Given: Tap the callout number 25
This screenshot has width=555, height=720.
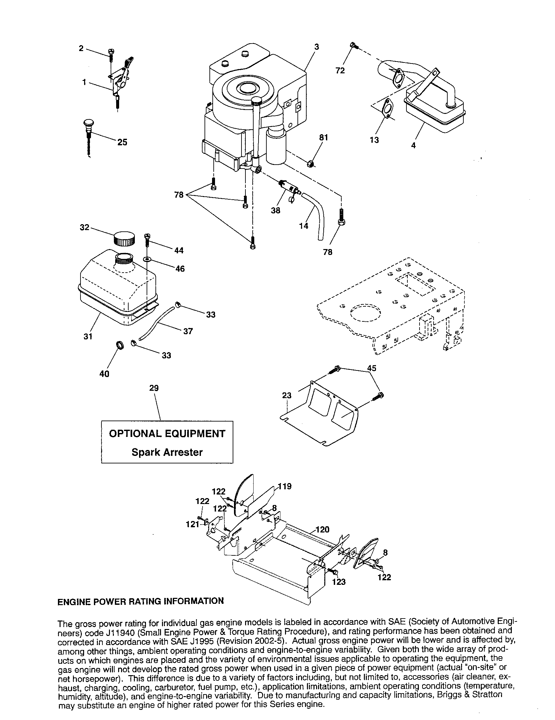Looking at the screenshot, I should click(122, 142).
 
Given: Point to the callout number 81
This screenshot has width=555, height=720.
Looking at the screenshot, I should click(324, 137).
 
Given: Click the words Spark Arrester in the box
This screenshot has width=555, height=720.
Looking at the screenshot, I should click(167, 452).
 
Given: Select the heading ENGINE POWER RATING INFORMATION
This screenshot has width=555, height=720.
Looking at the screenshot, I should click(141, 601).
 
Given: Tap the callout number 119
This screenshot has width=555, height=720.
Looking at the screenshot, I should click(285, 486).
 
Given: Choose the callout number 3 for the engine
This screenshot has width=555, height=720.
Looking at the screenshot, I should click(316, 47).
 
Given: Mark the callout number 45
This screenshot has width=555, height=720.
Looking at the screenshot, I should click(371, 368).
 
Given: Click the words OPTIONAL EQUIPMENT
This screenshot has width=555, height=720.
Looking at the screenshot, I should click(167, 434).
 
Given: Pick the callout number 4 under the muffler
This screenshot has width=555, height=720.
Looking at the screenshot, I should click(413, 145).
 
